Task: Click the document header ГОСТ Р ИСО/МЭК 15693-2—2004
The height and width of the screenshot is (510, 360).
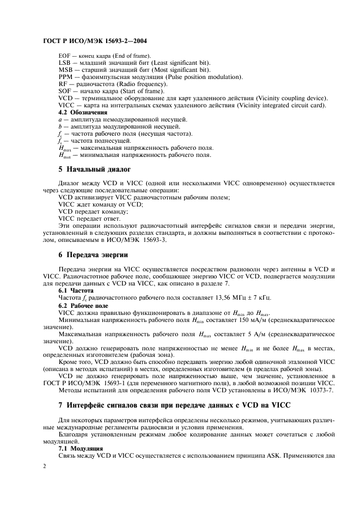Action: pos(95,41)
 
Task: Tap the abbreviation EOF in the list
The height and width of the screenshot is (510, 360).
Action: pos(65,56)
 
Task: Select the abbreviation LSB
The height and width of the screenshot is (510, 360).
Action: pos(65,63)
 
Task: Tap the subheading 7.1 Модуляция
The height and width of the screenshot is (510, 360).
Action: pos(80,448)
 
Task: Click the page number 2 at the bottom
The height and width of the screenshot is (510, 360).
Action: pos(45,466)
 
